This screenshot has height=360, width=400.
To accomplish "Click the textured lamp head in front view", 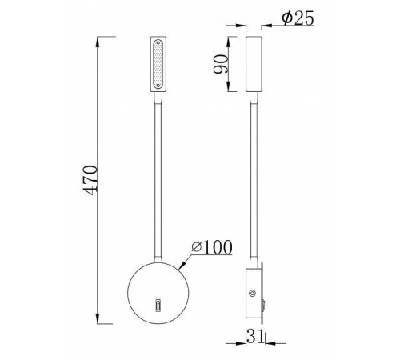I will (157, 63).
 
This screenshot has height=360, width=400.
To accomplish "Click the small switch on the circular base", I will (157, 304).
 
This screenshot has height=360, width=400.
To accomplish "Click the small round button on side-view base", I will (255, 294).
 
